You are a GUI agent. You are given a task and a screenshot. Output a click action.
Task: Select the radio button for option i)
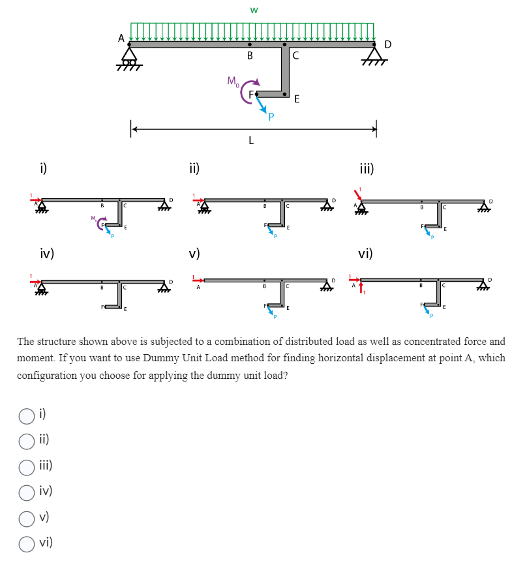(x=27, y=415)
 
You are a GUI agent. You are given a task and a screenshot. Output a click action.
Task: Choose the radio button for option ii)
(x=27, y=441)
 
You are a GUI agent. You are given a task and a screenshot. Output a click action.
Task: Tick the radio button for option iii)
(x=27, y=466)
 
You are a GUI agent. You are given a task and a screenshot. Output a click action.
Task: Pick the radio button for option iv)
(x=27, y=492)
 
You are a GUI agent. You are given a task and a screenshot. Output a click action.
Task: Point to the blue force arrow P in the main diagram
(x=263, y=106)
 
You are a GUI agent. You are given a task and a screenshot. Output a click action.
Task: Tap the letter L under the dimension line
(x=251, y=141)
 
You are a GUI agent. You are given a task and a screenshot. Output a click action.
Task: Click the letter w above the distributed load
(x=254, y=10)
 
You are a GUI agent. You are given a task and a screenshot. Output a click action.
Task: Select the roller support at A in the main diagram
(x=130, y=57)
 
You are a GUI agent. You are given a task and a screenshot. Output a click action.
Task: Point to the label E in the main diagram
(x=297, y=100)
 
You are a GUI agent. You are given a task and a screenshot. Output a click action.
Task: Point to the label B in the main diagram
(x=250, y=56)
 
